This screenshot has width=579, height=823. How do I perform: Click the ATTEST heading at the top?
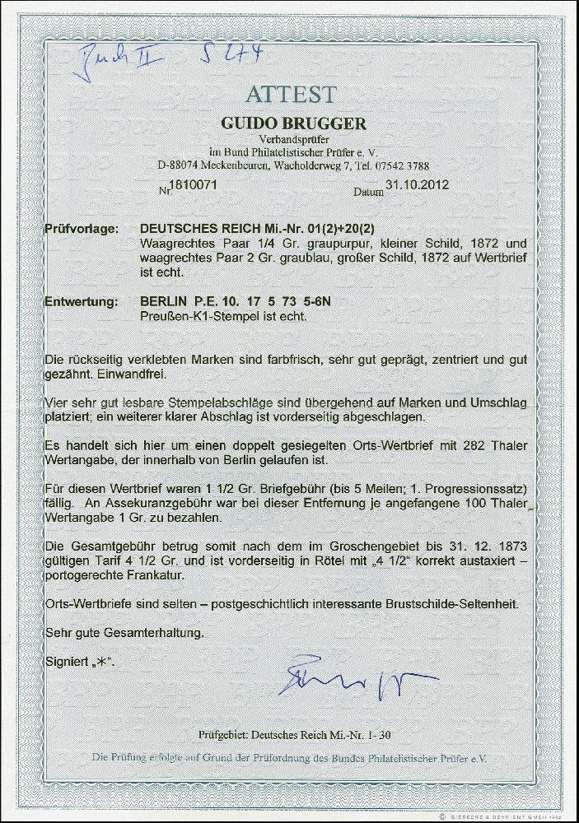[288, 94]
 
